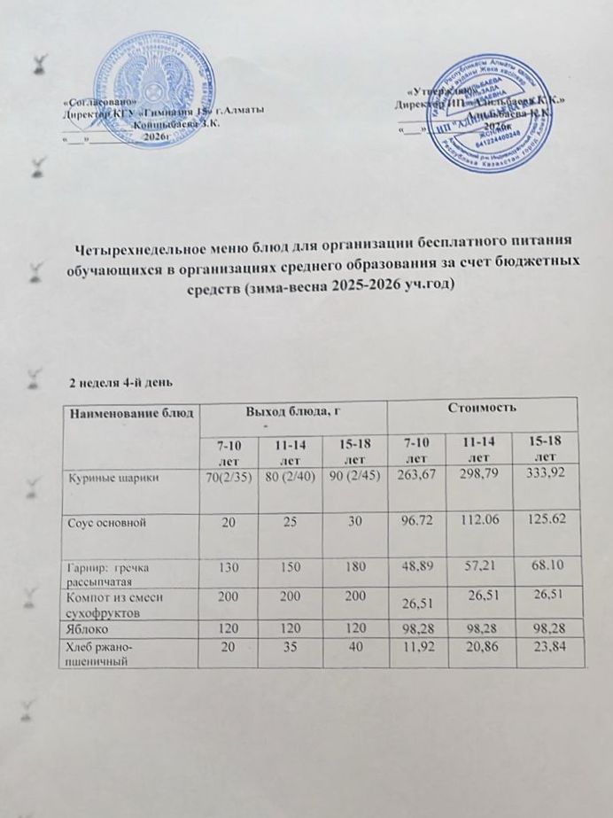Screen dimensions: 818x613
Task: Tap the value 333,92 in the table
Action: pyautogui.click(x=542, y=478)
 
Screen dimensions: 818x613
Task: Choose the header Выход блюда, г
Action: pyautogui.click(x=293, y=409)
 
